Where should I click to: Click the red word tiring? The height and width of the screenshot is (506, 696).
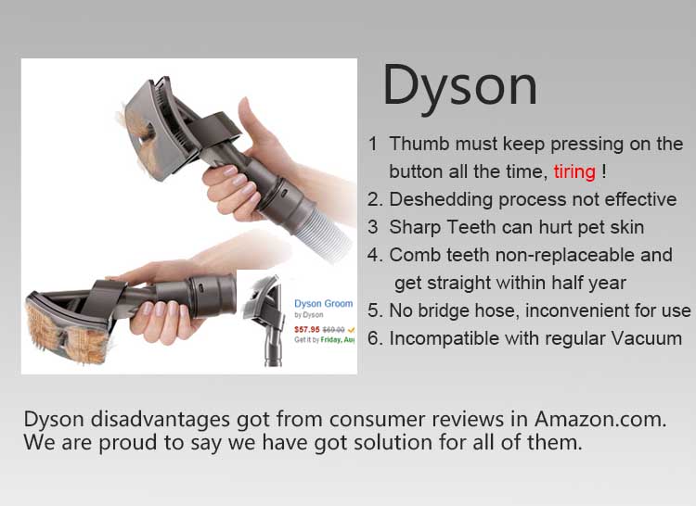click(574, 172)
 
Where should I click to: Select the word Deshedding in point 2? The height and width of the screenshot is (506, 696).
click(441, 200)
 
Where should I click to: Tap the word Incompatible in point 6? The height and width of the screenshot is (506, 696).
click(445, 339)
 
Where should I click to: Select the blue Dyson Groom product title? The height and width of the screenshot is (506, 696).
click(324, 304)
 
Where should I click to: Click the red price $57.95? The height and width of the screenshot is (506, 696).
click(307, 330)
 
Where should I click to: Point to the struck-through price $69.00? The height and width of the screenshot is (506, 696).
click(333, 330)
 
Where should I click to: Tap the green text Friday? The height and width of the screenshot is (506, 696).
click(330, 340)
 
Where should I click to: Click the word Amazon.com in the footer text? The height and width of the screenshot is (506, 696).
click(600, 419)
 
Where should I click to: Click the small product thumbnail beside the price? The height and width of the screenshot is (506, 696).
click(265, 320)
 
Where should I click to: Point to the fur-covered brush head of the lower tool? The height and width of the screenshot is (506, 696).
click(67, 328)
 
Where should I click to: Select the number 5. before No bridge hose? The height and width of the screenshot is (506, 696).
click(375, 311)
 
